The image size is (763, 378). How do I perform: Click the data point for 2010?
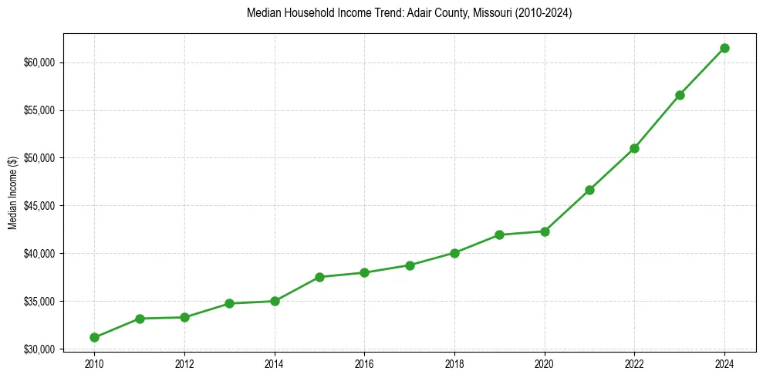click(94, 337)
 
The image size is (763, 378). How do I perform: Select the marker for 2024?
click(724, 48)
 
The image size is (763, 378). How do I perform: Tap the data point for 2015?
click(319, 277)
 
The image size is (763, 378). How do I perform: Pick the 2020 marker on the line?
click(545, 231)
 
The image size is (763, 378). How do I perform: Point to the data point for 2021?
click(589, 190)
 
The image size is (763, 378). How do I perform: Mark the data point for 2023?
click(680, 95)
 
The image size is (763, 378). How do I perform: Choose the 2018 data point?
click(454, 253)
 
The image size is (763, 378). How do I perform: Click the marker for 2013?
click(229, 303)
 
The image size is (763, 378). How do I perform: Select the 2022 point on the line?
click(634, 148)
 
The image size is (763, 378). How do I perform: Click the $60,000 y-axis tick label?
click(39, 62)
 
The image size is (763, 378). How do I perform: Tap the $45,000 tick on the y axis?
click(39, 206)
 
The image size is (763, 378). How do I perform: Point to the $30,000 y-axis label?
click(39, 349)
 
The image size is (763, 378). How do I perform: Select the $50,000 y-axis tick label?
click(39, 158)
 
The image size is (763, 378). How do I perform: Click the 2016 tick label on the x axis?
click(364, 364)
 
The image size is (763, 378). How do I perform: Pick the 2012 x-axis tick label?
click(184, 364)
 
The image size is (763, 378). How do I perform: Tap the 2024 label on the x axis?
click(724, 364)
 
